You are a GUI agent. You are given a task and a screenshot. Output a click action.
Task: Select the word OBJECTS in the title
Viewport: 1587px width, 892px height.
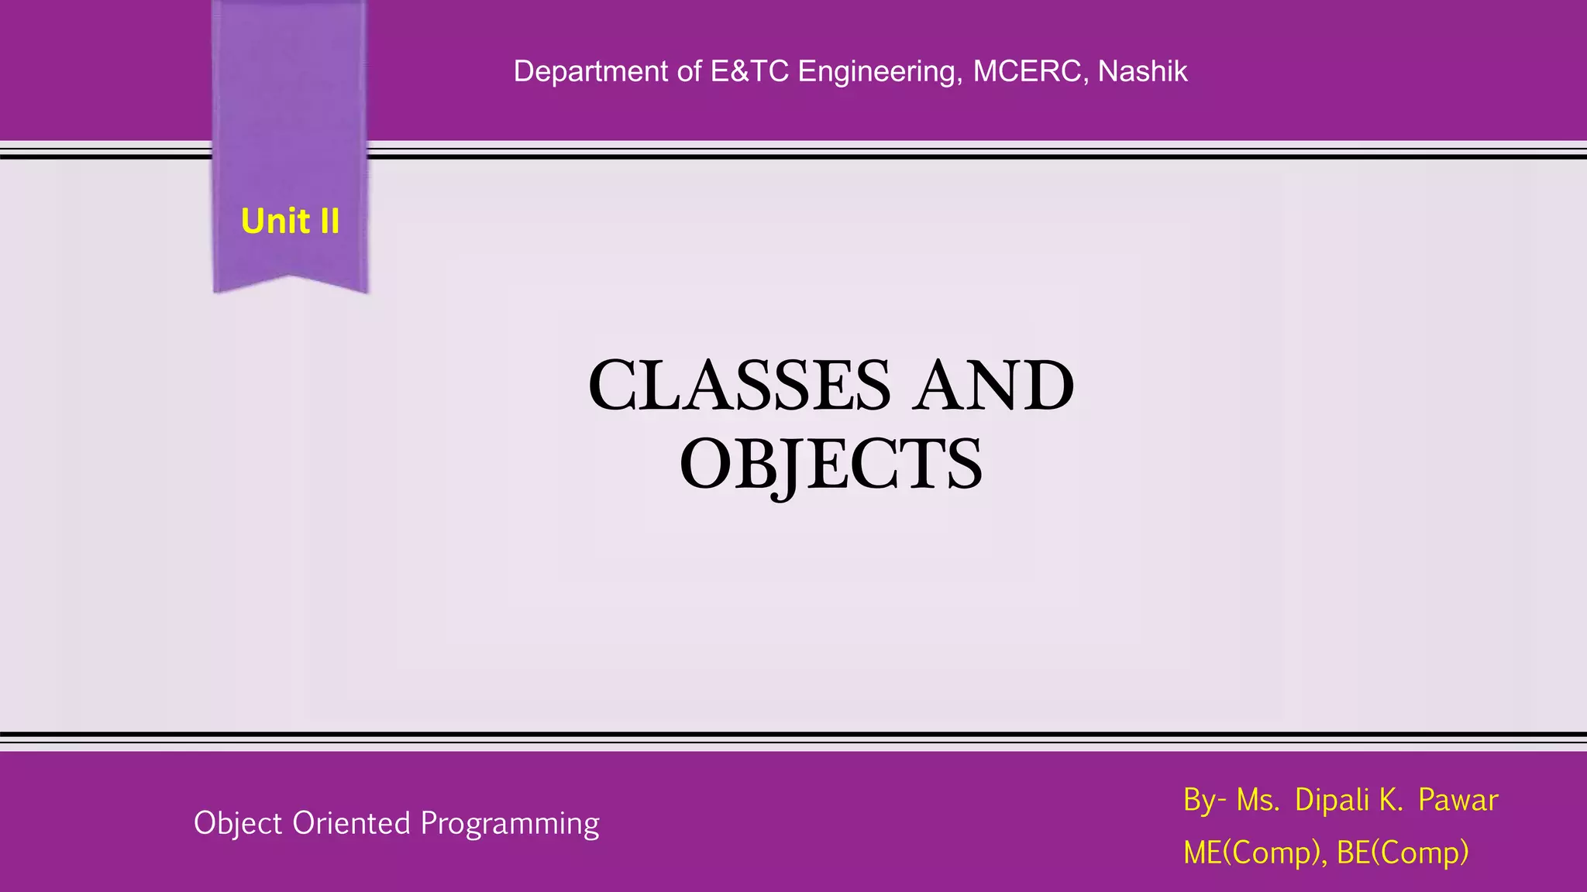(831, 465)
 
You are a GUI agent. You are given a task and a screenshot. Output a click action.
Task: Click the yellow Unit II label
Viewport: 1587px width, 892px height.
(290, 221)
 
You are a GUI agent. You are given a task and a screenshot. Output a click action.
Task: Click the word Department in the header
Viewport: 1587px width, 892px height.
(590, 71)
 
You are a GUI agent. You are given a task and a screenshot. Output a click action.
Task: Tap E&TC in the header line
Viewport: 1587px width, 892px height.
(749, 71)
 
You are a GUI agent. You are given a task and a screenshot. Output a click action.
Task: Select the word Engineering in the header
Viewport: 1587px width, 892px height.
(880, 71)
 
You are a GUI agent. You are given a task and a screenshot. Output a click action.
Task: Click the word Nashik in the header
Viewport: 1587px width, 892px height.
(1142, 71)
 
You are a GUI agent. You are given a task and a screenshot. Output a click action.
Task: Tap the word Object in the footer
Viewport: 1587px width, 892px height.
(238, 823)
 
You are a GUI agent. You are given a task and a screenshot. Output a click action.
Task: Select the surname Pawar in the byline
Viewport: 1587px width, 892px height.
(1458, 800)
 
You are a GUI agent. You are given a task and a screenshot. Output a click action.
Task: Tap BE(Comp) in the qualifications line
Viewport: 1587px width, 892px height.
(1403, 853)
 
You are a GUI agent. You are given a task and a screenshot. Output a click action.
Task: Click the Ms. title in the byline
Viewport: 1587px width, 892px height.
(1257, 800)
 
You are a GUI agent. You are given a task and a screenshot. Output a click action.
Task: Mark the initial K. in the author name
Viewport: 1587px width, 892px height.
(1390, 800)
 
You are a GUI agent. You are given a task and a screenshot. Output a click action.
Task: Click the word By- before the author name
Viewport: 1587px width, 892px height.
(1203, 800)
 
